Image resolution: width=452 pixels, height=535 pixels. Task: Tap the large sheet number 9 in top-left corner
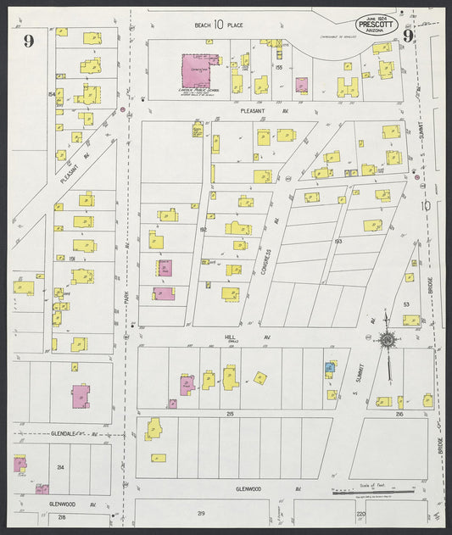point(29,42)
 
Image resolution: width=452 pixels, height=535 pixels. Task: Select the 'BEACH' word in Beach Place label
point(202,25)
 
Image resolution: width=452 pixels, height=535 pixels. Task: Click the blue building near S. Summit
point(330,367)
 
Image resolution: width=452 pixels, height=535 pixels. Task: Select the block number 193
point(338,242)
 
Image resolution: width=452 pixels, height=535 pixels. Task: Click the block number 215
point(230,413)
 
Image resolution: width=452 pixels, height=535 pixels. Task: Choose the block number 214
point(60,467)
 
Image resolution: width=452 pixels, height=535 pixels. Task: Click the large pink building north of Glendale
point(81,396)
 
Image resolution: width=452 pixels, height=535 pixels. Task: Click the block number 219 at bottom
point(201,514)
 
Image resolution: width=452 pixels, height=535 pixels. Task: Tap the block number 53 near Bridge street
point(405,303)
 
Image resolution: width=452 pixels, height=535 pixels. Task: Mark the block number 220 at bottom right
point(360,514)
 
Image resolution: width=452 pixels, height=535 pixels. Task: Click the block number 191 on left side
point(51,258)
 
